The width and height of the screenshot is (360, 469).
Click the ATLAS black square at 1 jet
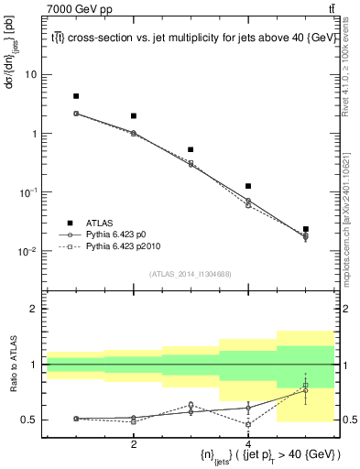[x=76, y=96]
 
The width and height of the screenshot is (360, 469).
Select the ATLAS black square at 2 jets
[x=134, y=116]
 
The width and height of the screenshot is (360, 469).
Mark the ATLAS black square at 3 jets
[x=191, y=149]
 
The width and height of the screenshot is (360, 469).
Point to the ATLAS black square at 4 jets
[x=248, y=186]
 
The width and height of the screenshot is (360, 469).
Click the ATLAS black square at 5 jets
[x=306, y=229]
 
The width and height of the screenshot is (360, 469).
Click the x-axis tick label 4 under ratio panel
[x=248, y=444]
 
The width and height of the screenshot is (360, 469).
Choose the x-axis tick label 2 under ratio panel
[x=134, y=444]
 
